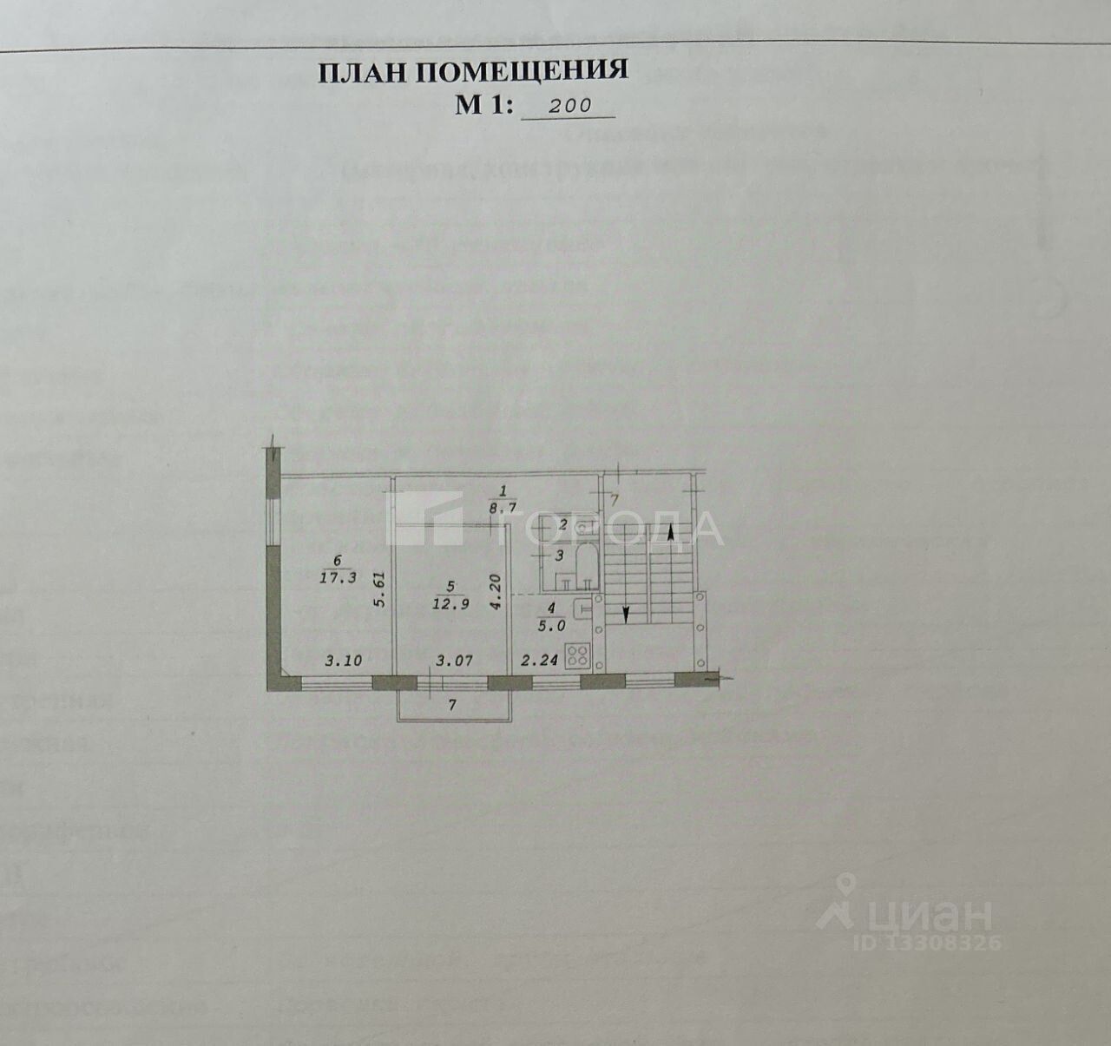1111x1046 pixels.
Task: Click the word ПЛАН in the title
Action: (362, 73)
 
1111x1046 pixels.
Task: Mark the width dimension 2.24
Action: (538, 661)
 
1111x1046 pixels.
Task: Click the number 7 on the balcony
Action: (452, 706)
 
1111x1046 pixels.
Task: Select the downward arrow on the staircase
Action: (627, 613)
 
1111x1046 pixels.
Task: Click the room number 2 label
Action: (562, 525)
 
